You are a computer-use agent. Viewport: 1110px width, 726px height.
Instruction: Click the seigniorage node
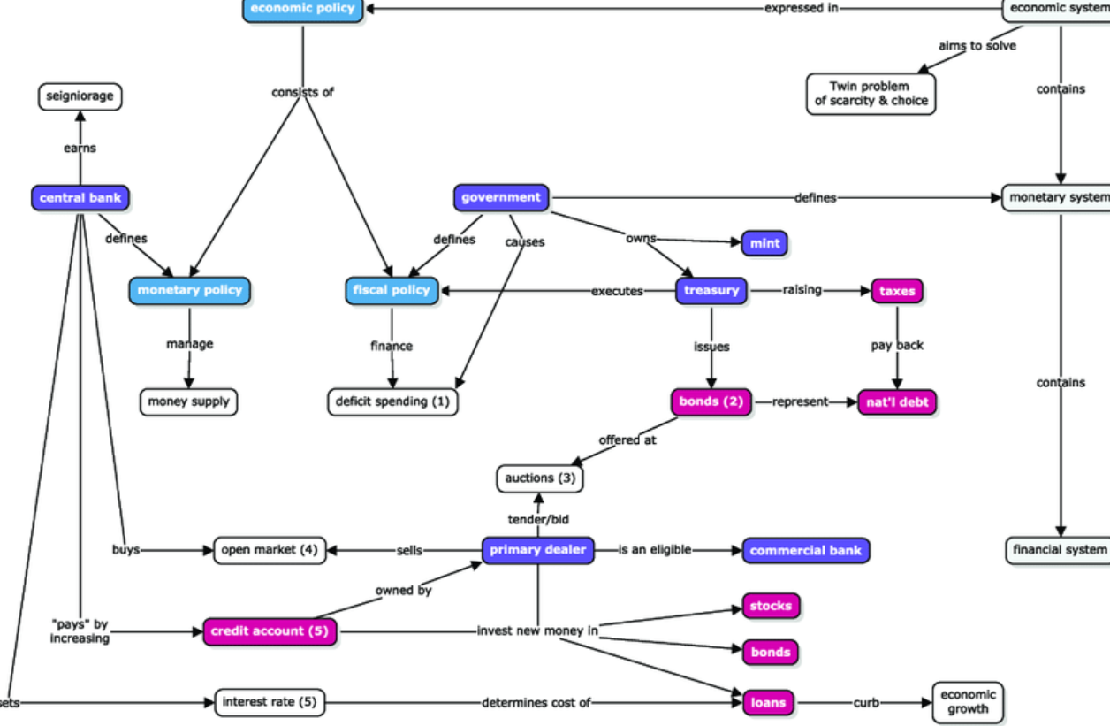click(x=80, y=96)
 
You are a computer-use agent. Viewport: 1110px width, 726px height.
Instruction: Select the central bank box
click(x=80, y=198)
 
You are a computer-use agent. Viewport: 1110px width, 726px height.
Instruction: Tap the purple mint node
click(x=764, y=243)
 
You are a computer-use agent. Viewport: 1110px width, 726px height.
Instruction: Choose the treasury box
click(x=711, y=290)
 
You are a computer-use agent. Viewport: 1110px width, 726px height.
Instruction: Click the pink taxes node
click(x=897, y=290)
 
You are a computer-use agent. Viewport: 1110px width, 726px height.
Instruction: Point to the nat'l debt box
click(x=897, y=402)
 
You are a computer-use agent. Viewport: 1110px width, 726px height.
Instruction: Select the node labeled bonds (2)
click(x=711, y=402)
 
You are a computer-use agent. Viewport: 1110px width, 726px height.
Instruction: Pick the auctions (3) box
click(x=540, y=478)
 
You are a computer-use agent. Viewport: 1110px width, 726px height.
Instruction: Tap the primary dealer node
click(x=538, y=550)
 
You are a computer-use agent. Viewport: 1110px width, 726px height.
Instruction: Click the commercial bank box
click(x=805, y=550)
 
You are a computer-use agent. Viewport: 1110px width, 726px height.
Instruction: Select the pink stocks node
click(x=771, y=606)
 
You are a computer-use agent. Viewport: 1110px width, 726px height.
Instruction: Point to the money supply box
click(x=188, y=402)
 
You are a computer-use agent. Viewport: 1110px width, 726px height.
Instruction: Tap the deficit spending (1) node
click(x=392, y=402)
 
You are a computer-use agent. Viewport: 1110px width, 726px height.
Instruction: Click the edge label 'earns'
click(x=80, y=149)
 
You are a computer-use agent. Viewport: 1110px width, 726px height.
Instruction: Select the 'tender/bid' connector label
click(x=539, y=519)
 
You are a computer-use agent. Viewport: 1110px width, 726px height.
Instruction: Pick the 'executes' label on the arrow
click(x=617, y=291)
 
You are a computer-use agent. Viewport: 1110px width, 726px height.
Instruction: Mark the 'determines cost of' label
click(x=536, y=703)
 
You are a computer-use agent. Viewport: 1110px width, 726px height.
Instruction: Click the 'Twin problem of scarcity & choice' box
click(x=871, y=94)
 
